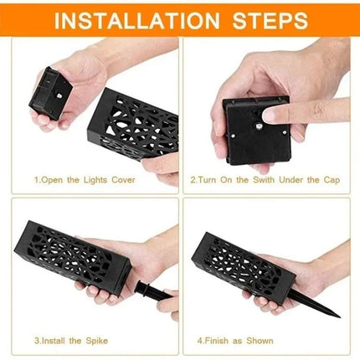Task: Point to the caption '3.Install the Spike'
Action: [x=69, y=341]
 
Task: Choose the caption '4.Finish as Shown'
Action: [x=237, y=341]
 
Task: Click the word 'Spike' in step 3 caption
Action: [x=92, y=341]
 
